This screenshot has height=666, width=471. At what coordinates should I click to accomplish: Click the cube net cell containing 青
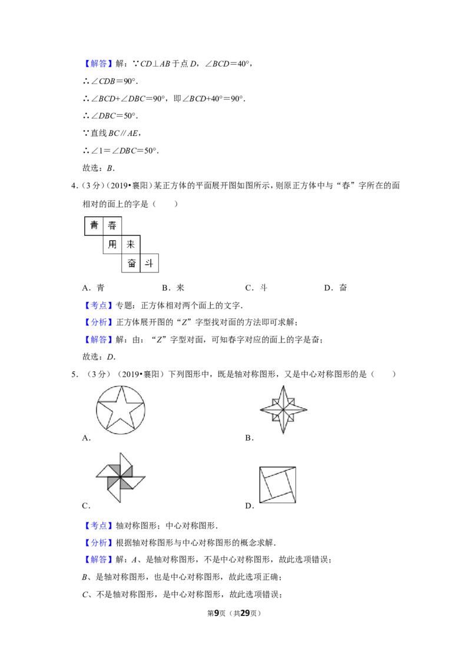94,225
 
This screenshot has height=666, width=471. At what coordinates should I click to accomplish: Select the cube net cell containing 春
112,225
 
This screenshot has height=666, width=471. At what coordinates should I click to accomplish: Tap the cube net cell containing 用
112,244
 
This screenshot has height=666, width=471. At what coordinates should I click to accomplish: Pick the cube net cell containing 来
131,244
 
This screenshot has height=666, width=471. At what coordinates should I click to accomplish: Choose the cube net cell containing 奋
131,263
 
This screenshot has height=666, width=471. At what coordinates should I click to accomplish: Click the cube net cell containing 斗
149,263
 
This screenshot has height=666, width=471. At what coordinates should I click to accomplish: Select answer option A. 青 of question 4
93,288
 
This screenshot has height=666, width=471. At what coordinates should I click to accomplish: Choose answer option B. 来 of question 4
173,288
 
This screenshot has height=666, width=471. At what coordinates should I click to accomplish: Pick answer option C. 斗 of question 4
256,288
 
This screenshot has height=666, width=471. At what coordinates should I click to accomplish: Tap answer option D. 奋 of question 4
336,288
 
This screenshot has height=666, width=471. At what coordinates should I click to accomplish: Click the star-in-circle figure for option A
121,410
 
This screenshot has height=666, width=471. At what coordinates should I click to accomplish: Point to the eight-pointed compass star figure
284,410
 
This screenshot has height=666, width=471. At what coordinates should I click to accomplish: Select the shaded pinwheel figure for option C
120,477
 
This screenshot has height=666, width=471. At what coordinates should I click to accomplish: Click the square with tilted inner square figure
277,485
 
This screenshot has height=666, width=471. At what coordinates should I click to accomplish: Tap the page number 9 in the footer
217,613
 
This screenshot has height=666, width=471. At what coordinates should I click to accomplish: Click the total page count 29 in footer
246,613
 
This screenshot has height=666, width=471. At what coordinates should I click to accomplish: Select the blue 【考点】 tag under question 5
98,525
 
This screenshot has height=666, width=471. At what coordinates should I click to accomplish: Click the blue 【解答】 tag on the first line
98,64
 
